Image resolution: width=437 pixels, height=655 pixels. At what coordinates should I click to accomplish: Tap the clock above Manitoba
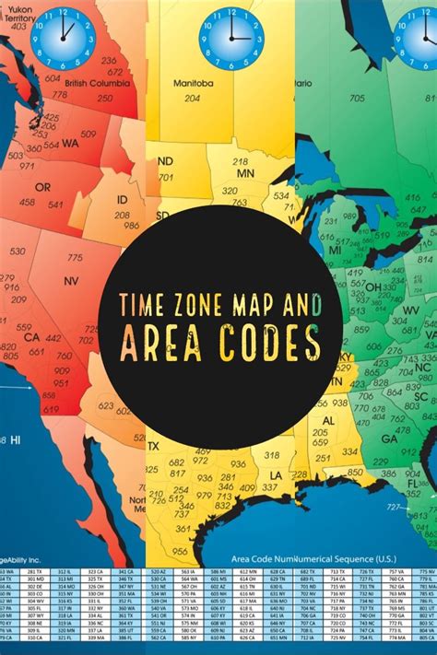click(x=230, y=39)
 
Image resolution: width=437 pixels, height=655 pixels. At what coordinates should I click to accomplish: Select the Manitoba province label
click(x=195, y=83)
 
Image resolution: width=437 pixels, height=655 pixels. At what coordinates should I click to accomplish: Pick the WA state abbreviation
click(x=70, y=144)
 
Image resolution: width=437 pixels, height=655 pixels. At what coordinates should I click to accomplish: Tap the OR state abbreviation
click(x=42, y=187)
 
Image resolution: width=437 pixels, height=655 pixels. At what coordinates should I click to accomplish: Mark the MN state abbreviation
click(x=244, y=173)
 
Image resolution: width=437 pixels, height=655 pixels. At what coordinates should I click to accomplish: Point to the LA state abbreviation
click(x=276, y=474)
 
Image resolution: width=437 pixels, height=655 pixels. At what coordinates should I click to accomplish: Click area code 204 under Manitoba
click(x=192, y=98)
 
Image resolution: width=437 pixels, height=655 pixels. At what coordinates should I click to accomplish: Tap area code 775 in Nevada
click(x=75, y=258)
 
